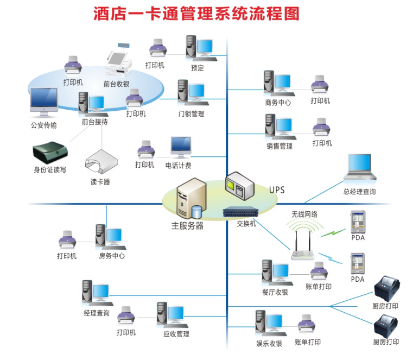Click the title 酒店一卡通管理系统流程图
196,14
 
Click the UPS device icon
239,187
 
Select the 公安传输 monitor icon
44,102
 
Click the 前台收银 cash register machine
119,63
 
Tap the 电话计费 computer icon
180,148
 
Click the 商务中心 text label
278,102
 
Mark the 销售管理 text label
279,146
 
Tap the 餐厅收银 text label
275,292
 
